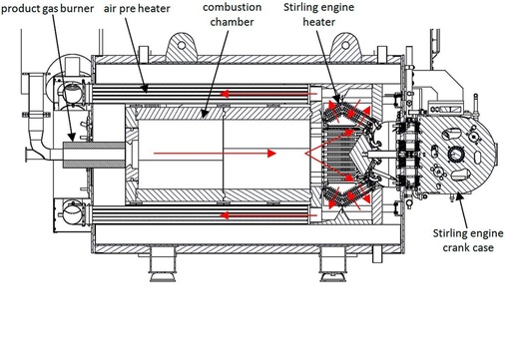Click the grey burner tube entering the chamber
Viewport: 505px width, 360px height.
pyautogui.click(x=95, y=156)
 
